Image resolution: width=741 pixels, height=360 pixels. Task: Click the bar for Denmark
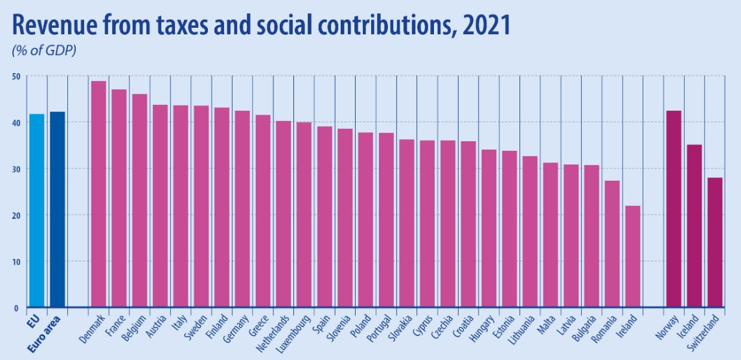click(x=98, y=194)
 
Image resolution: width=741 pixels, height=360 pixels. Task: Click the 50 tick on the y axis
click(x=16, y=76)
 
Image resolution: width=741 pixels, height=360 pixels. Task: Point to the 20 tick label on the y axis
click(x=16, y=215)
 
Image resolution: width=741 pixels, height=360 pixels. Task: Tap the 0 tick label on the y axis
click(x=17, y=308)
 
